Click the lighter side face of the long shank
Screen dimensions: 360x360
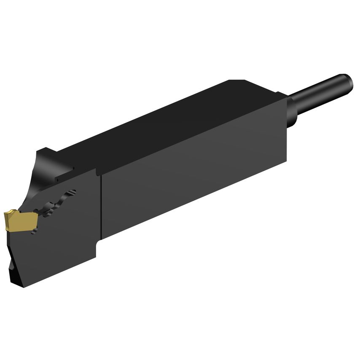[x=194, y=177]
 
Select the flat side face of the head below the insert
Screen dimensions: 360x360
[x=59, y=253]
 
